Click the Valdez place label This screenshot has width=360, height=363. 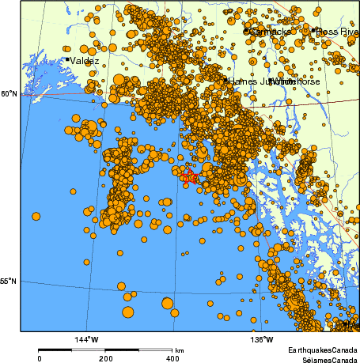tap(85, 60)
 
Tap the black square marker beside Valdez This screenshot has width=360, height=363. tap(66, 59)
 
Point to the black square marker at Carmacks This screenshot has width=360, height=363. tap(246, 31)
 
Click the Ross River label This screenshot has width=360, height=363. tap(337, 32)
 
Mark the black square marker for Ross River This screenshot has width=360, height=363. tap(313, 30)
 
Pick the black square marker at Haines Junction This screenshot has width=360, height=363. tap(225, 80)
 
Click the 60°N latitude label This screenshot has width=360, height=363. tap(8, 93)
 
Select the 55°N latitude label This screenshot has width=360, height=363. tap(8, 281)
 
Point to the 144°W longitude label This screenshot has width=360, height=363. tap(86, 339)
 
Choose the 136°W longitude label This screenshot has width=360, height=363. tap(263, 339)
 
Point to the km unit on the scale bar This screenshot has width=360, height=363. tap(180, 350)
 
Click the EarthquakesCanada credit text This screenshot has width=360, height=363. tap(324, 350)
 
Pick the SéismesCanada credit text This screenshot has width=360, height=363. tap(325, 358)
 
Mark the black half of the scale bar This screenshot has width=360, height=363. tap(72, 350)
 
